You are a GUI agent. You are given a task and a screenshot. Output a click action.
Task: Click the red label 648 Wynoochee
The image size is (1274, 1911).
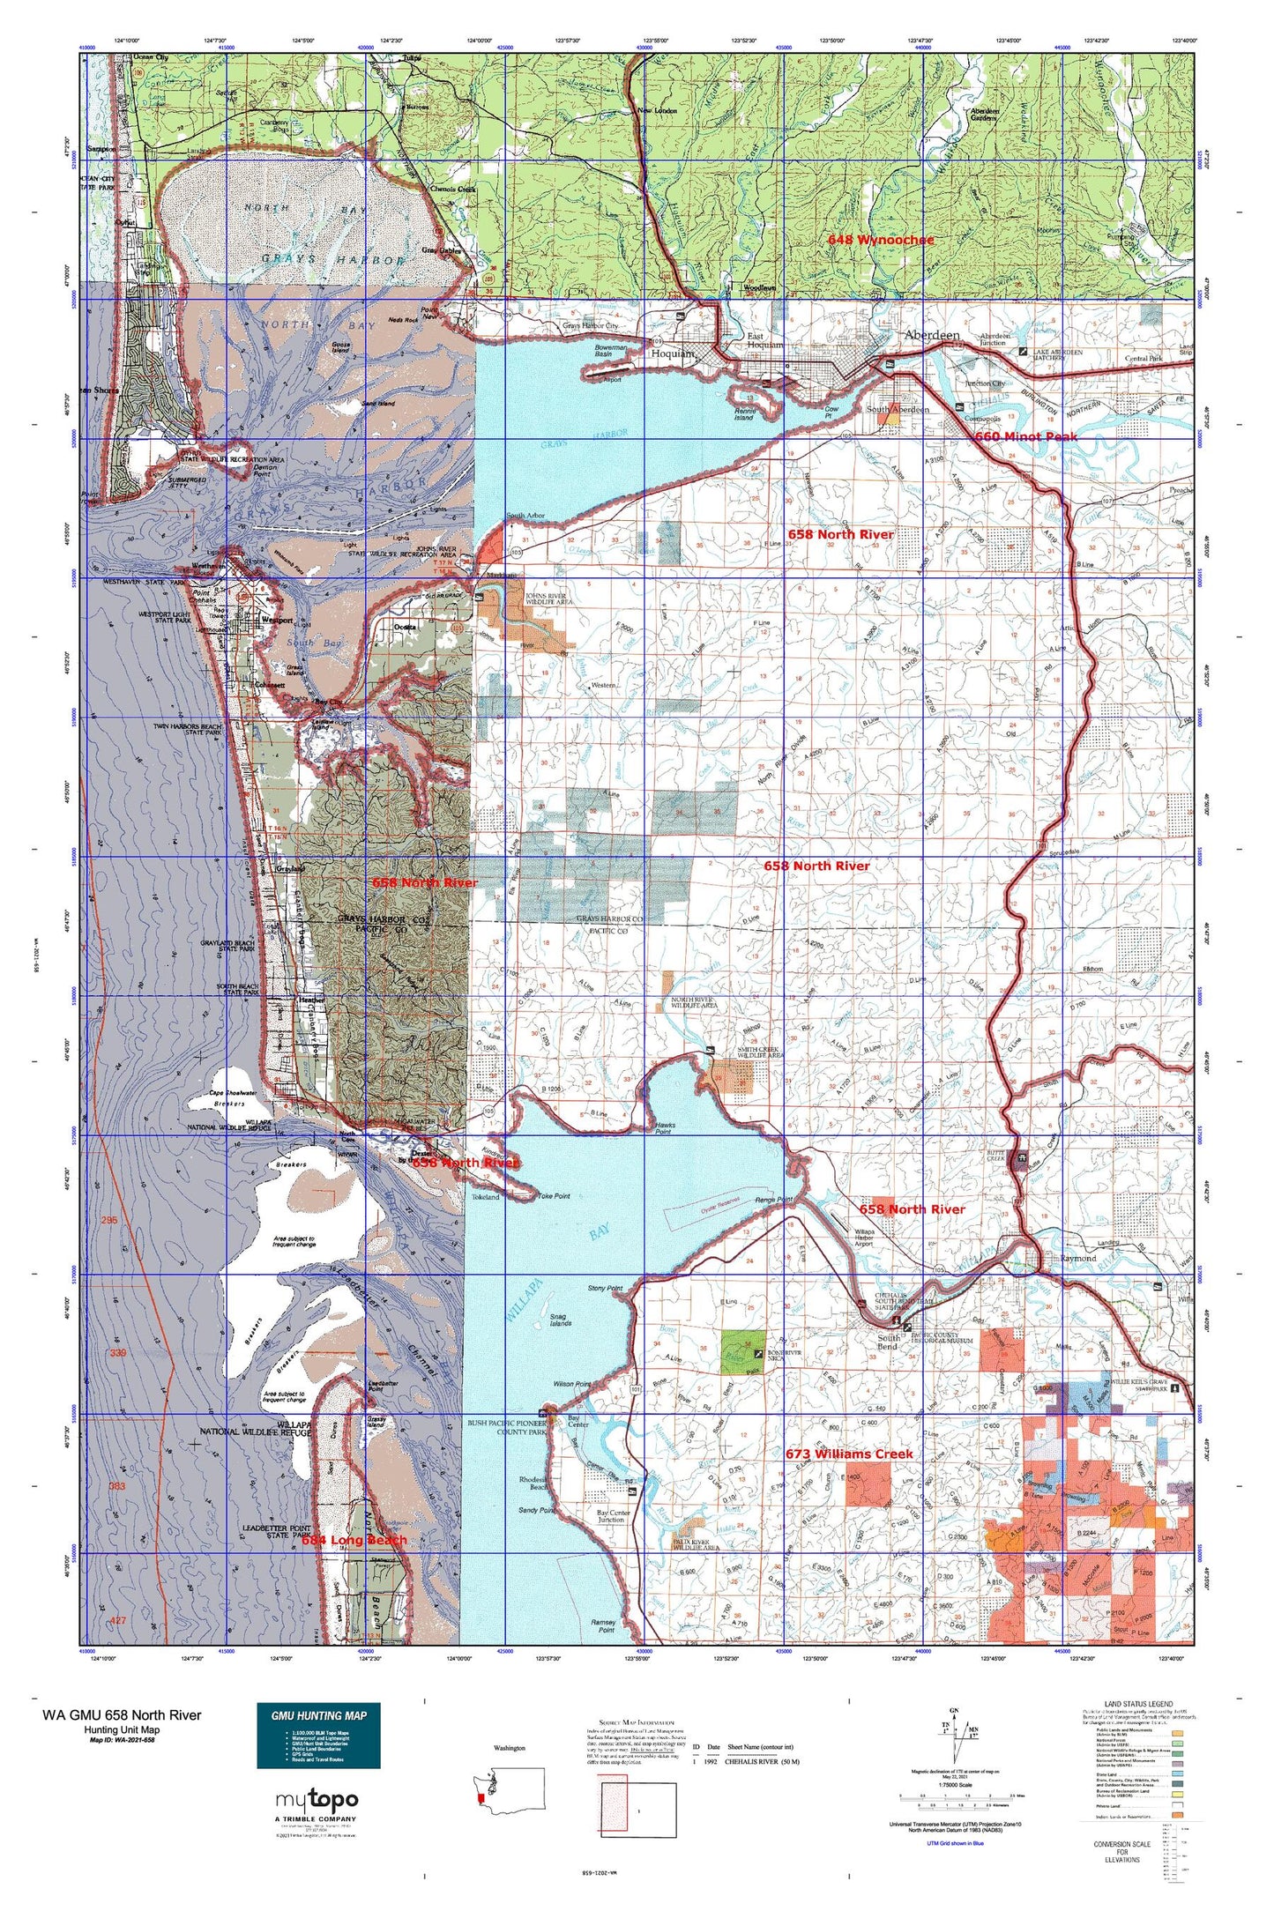point(880,240)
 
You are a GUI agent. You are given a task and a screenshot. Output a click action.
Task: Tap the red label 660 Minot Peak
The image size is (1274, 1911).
point(1025,436)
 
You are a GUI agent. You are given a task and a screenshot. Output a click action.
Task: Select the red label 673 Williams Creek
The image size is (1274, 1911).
point(849,1454)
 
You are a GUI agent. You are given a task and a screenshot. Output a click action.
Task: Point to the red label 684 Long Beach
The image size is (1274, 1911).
point(354,1540)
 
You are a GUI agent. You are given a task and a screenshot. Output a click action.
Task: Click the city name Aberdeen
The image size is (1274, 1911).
point(932,336)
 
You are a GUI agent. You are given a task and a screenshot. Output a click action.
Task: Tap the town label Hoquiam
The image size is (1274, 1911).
point(673,353)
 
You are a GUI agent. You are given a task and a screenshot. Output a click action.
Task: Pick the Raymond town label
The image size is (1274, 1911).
point(1077,1259)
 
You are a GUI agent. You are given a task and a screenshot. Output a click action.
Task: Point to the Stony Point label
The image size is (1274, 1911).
point(605,1288)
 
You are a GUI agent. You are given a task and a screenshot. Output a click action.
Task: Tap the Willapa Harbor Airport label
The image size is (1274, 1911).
point(863,1238)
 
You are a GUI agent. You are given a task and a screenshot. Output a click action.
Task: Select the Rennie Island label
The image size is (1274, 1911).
point(744,414)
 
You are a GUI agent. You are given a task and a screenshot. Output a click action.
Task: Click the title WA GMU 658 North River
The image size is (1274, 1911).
point(122,1715)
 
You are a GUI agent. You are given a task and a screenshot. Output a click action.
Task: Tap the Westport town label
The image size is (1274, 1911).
point(252,619)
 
